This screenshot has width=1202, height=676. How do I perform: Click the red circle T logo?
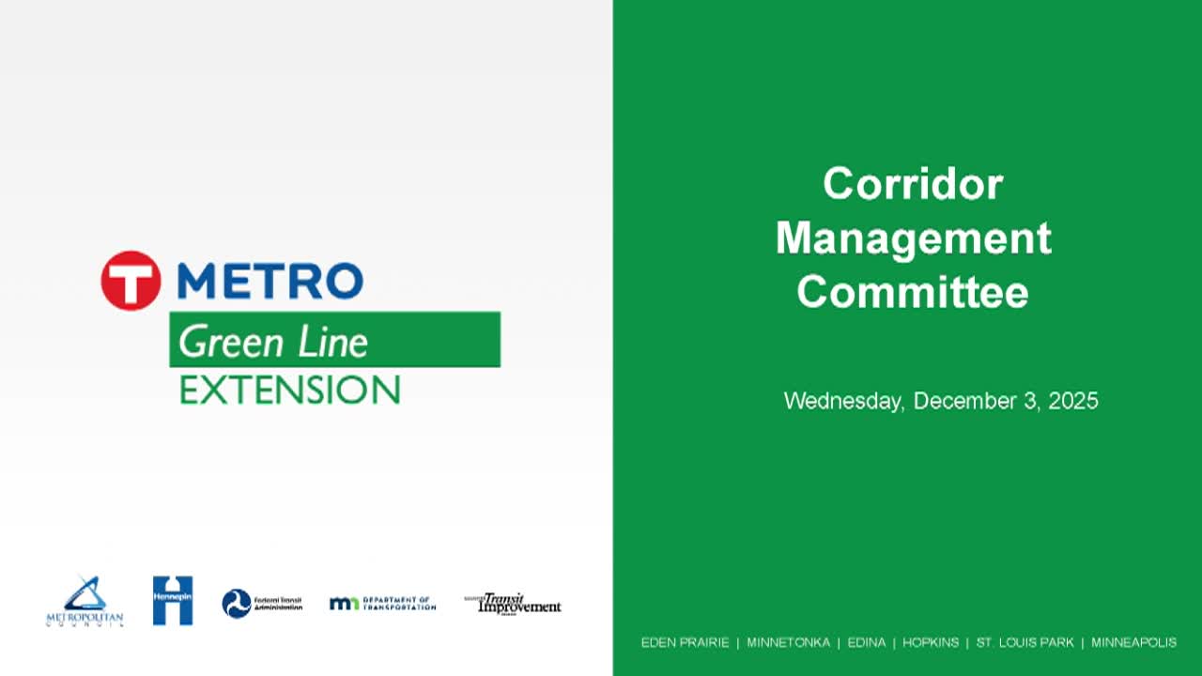click(x=131, y=280)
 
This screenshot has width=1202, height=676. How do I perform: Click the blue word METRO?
click(x=270, y=281)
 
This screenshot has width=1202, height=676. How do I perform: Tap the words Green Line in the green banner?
click(x=273, y=342)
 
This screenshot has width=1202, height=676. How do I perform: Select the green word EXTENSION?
click(x=290, y=390)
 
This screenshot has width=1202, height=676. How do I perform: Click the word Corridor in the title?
click(x=913, y=183)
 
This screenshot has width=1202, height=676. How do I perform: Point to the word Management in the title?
click(x=913, y=238)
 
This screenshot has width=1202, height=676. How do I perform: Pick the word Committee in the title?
click(x=913, y=291)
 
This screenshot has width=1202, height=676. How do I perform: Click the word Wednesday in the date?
click(x=843, y=401)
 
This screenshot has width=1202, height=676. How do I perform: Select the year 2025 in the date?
click(x=1072, y=401)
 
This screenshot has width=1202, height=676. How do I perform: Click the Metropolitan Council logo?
click(x=85, y=602)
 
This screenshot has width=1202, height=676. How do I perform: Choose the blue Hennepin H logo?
click(x=173, y=601)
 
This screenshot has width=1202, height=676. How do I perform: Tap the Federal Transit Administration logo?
click(x=262, y=603)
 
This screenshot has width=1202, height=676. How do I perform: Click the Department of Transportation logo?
click(x=382, y=603)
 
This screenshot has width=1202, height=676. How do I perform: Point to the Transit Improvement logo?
click(x=513, y=603)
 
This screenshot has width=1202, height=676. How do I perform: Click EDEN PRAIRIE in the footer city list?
click(x=685, y=642)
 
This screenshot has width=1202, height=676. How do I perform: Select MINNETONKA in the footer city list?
click(x=788, y=642)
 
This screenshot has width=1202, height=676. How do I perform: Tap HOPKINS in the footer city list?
click(x=931, y=642)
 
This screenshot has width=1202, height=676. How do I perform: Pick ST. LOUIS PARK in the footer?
click(x=1025, y=642)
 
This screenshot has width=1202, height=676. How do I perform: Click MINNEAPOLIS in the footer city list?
click(x=1133, y=642)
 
